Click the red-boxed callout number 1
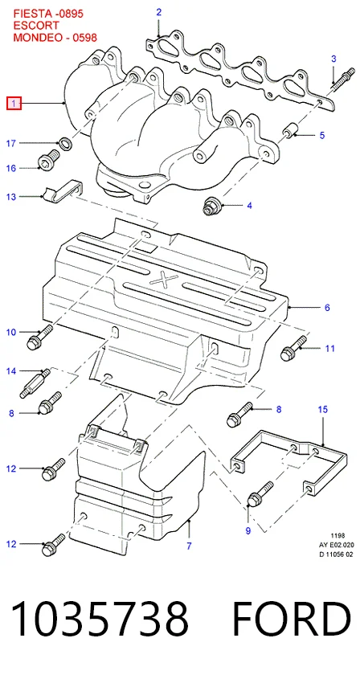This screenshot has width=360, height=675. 14,104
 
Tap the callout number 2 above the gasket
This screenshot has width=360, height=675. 158,12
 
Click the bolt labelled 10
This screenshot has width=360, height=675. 39,337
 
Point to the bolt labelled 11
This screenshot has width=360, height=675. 295,348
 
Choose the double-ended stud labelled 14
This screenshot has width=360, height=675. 35,382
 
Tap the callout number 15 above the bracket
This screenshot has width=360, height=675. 322,408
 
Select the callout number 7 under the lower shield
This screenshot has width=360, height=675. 189,546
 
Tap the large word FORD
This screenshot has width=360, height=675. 292,618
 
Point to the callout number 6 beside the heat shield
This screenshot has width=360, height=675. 327,307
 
